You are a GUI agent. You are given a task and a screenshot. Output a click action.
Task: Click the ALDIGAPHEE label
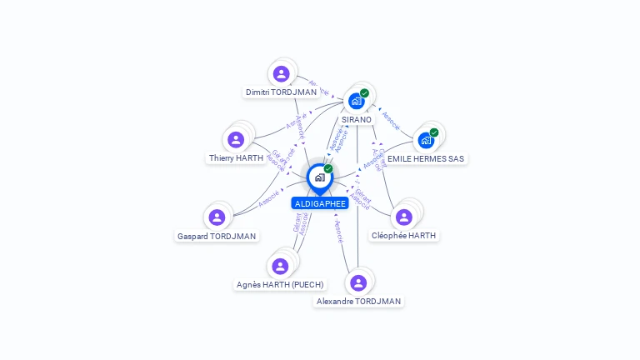click(x=320, y=203)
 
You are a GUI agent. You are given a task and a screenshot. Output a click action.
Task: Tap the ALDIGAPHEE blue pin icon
click(x=319, y=177)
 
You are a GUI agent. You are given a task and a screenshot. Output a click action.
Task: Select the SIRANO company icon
click(x=357, y=101)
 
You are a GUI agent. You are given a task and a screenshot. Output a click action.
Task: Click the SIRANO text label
click(x=357, y=120)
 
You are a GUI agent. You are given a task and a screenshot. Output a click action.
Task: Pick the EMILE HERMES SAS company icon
click(x=426, y=140)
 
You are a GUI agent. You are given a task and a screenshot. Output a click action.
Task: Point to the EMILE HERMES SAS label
click(x=426, y=158)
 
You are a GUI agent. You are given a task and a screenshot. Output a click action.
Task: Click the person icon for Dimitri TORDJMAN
click(x=281, y=73)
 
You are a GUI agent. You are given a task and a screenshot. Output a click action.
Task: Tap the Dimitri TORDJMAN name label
click(x=281, y=92)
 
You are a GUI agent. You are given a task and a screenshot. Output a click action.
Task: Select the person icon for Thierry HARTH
click(x=236, y=139)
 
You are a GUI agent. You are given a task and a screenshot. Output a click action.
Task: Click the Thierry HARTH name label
click(x=236, y=158)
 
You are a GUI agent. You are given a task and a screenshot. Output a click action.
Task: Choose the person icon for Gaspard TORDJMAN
click(x=217, y=217)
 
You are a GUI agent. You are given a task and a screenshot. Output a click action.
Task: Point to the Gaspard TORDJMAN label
click(x=217, y=236)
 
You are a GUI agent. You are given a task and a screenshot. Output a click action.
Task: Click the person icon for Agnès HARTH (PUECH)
click(x=280, y=266)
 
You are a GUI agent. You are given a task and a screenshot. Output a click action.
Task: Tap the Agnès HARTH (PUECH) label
click(x=280, y=285)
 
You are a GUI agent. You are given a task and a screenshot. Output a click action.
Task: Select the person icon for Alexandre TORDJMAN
click(x=358, y=282)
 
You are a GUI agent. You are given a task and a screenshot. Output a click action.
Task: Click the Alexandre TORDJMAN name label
click(x=358, y=302)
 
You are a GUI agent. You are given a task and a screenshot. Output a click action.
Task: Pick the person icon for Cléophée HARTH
click(x=404, y=217)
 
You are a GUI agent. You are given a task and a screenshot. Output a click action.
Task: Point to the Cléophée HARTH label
click(x=404, y=236)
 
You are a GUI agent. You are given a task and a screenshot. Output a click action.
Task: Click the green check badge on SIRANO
click(x=364, y=93)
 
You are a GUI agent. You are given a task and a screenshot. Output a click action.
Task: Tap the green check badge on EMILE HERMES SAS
click(x=433, y=132)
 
